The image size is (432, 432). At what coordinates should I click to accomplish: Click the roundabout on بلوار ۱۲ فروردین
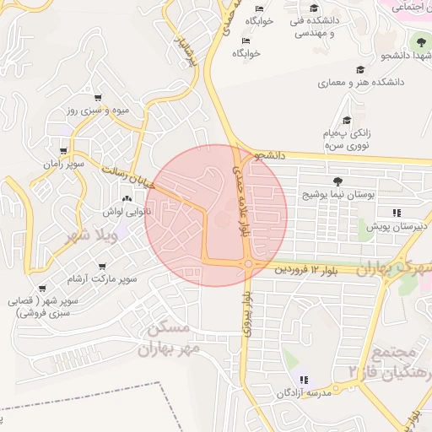pos(247,264)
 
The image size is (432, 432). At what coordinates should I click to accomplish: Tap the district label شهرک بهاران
pos(393,268)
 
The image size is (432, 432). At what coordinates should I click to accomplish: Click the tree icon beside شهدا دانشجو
pos(418,41)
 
